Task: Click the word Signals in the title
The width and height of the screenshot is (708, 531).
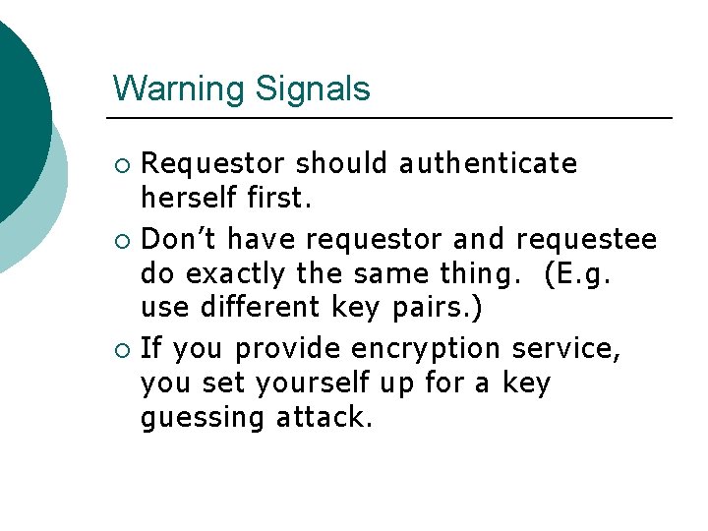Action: [312, 88]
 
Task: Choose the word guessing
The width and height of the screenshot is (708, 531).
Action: [203, 419]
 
